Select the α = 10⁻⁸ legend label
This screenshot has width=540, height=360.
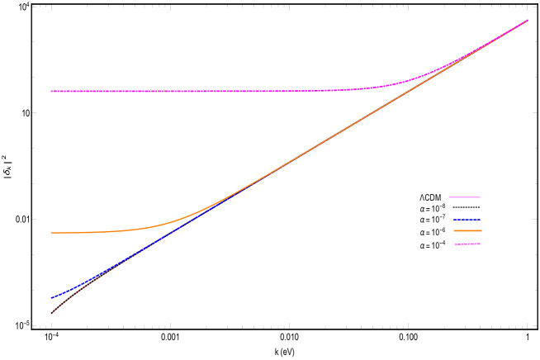point(433,209)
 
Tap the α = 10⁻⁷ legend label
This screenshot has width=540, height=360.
point(433,220)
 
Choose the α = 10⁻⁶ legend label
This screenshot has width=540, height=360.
point(433,232)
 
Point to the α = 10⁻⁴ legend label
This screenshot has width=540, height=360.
point(433,244)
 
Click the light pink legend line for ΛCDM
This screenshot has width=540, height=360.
point(464,197)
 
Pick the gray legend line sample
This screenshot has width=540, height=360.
point(464,208)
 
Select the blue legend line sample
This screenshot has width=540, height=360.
point(464,220)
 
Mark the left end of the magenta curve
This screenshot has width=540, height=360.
point(51,91)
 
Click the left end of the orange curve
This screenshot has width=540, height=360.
point(51,233)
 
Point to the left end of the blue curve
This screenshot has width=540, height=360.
point(51,298)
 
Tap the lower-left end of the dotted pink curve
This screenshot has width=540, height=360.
point(52,313)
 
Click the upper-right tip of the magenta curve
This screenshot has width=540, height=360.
point(527,20)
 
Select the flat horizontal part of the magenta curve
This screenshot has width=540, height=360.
point(182,91)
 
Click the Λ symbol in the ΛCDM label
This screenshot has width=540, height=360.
point(422,197)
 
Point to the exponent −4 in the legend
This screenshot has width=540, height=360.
point(443,242)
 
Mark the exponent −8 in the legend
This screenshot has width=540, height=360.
point(443,206)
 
